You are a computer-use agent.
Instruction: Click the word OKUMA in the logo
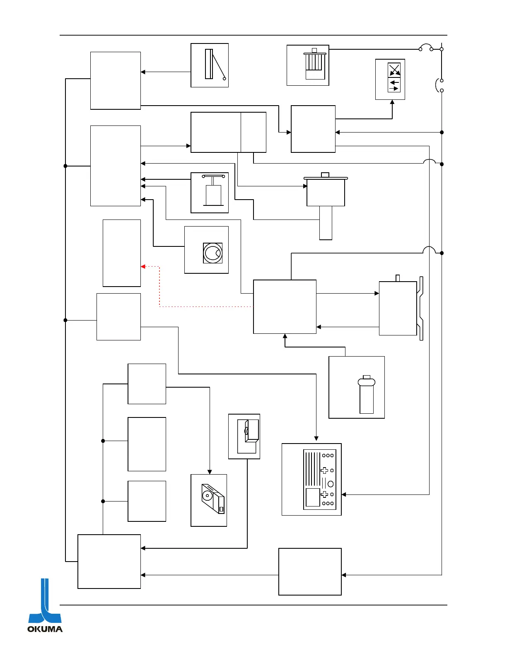[x=45, y=629]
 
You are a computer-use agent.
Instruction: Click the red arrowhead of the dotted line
[x=143, y=266]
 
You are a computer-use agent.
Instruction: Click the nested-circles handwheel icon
[x=212, y=253]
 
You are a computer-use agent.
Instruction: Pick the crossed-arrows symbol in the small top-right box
[x=394, y=70]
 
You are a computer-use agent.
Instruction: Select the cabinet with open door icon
[x=247, y=436]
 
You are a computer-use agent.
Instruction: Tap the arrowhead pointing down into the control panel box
[x=316, y=438]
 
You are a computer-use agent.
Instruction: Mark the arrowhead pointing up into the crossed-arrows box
[x=392, y=102]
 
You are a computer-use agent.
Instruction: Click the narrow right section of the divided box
[x=254, y=132]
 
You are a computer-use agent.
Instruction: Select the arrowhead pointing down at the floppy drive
[x=210, y=472]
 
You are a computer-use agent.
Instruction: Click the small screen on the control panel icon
[x=313, y=497]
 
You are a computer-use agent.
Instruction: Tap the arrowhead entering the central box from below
[x=285, y=336]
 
